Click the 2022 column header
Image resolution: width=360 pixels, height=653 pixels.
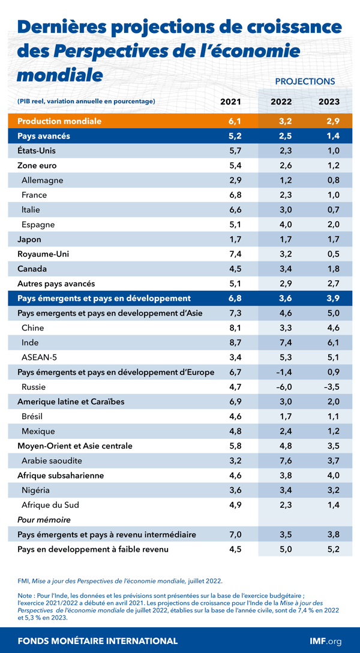pyautogui.click(x=281, y=101)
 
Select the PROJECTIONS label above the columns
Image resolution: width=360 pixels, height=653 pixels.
pyautogui.click(x=305, y=81)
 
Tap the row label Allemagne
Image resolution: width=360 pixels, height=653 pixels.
pyautogui.click(x=42, y=180)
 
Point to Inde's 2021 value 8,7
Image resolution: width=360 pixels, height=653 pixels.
pyautogui.click(x=231, y=342)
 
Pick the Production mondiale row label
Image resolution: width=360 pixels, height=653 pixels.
pyautogui.click(x=59, y=121)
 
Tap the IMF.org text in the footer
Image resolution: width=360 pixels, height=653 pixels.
pyautogui.click(x=325, y=640)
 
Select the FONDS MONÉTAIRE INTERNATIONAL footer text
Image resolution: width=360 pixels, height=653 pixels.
pyautogui.click(x=98, y=640)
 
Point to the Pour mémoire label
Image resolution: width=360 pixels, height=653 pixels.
pyautogui.click(x=44, y=519)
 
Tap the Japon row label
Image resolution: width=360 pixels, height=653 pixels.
pyautogui.click(x=29, y=239)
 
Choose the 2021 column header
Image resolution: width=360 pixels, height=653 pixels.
pyautogui.click(x=231, y=101)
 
